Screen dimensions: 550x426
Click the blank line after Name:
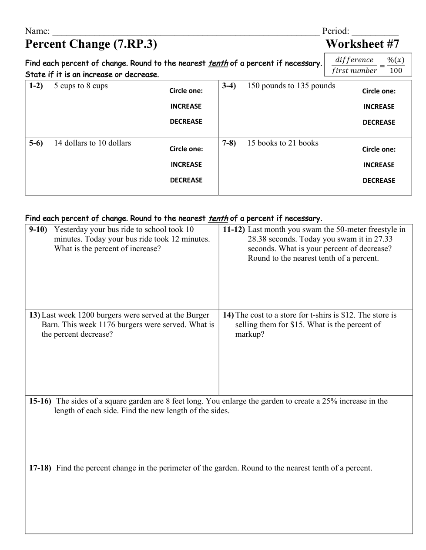click(185, 32)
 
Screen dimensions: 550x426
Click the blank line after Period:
click(375, 32)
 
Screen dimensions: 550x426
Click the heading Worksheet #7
click(362, 44)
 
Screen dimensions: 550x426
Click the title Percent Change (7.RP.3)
click(91, 44)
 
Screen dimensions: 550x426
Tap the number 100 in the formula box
click(396, 71)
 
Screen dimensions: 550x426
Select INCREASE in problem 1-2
click(186, 106)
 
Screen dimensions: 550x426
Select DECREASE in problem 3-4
click(379, 123)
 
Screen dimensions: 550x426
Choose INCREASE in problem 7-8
click(379, 165)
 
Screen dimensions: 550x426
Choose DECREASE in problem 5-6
click(186, 180)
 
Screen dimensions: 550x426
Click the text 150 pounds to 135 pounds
click(291, 86)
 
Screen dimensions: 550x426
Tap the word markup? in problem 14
click(250, 334)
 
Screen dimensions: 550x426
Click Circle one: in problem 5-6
click(186, 149)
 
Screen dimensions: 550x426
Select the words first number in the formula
click(354, 71)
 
